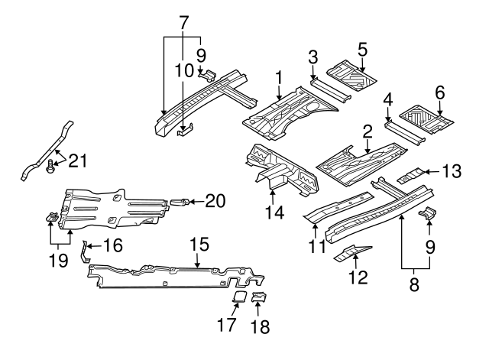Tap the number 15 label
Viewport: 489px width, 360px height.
click(199, 245)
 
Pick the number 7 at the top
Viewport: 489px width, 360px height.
click(183, 23)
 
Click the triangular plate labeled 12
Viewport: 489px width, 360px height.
click(352, 252)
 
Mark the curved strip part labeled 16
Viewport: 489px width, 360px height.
click(85, 251)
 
